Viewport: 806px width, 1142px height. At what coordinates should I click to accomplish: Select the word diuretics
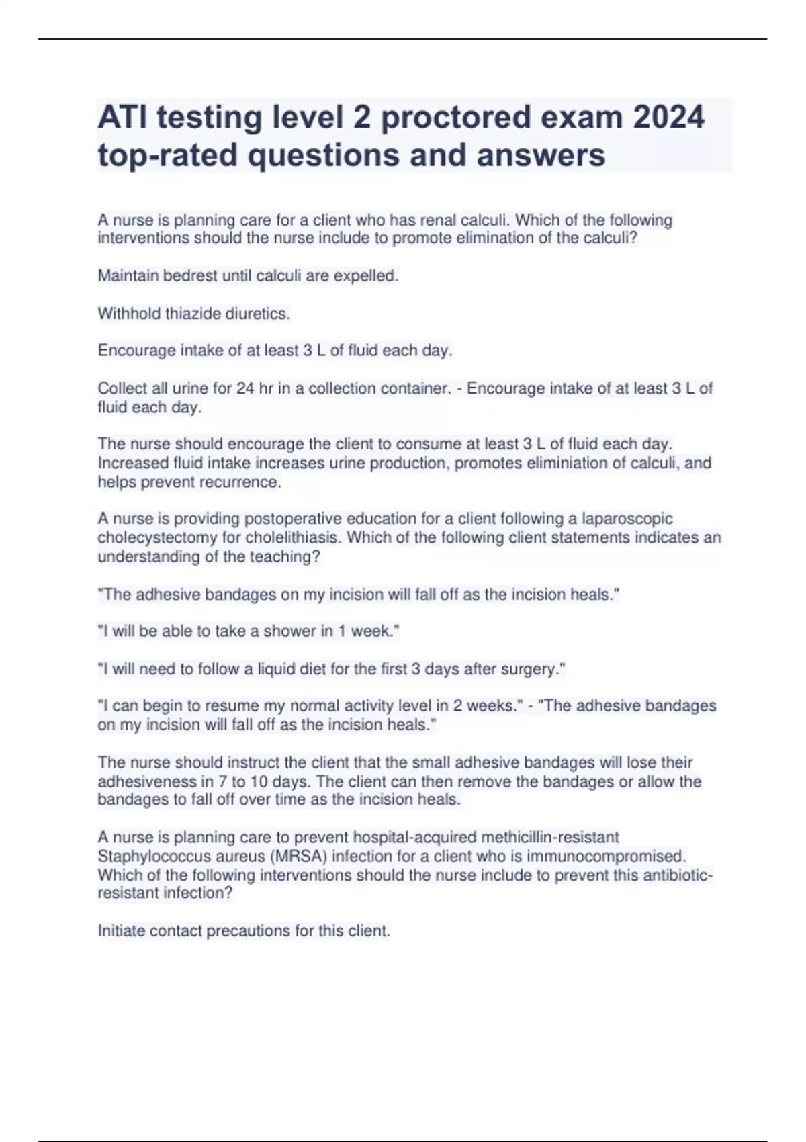pyautogui.click(x=259, y=314)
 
